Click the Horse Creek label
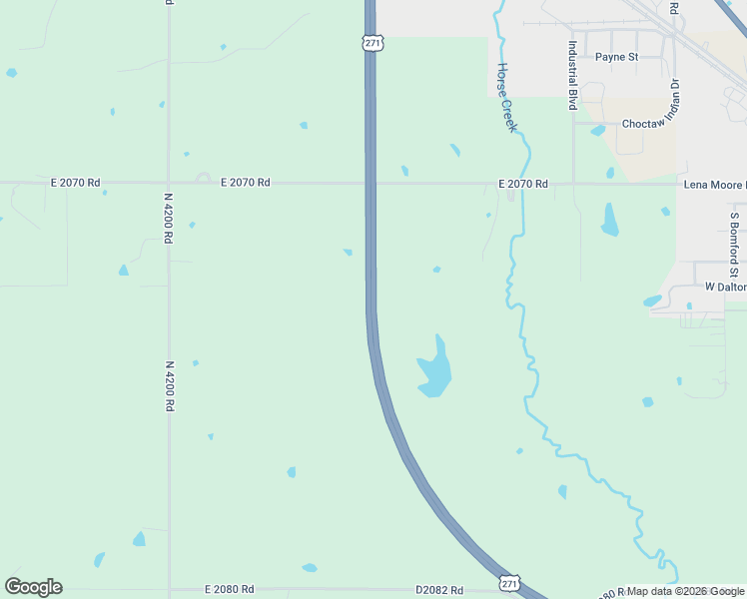click(x=506, y=98)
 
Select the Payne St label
click(x=616, y=57)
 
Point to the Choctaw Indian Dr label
click(x=650, y=124)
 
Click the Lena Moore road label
click(x=714, y=185)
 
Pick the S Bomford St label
click(x=734, y=245)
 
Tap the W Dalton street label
click(x=725, y=287)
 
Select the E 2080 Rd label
click(x=229, y=590)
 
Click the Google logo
click(x=33, y=587)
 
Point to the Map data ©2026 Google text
click(x=686, y=591)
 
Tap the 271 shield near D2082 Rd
click(x=509, y=582)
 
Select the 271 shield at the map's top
click(x=371, y=43)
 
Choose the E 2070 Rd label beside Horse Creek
click(x=523, y=184)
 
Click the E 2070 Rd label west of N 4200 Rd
click(x=76, y=183)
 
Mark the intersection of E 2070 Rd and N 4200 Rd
click(x=169, y=184)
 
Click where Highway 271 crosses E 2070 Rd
click(x=371, y=184)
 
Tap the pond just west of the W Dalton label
click(x=652, y=300)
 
